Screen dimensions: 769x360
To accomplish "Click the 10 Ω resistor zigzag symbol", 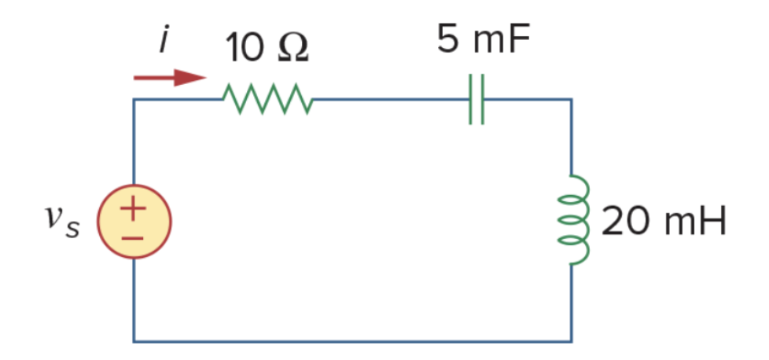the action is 268,100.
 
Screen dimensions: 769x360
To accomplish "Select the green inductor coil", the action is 578,220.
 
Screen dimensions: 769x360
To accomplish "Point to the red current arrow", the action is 169,77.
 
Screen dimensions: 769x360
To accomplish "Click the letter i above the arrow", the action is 163,39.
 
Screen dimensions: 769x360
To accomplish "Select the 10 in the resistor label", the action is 244,49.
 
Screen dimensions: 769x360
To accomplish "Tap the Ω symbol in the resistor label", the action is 292,49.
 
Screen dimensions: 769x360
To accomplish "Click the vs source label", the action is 61,222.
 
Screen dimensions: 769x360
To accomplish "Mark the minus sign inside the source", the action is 134,235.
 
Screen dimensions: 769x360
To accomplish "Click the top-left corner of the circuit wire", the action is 134,100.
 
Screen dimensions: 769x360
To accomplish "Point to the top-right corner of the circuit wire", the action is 571,100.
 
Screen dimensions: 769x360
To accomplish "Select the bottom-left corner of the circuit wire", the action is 134,341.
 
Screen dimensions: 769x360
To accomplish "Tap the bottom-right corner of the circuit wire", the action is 571,341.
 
